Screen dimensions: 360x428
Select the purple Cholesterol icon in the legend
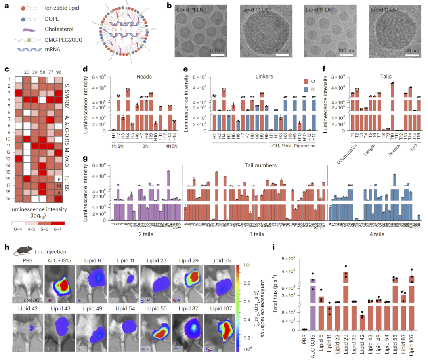click(x=29, y=29)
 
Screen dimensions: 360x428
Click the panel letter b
click(x=169, y=6)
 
